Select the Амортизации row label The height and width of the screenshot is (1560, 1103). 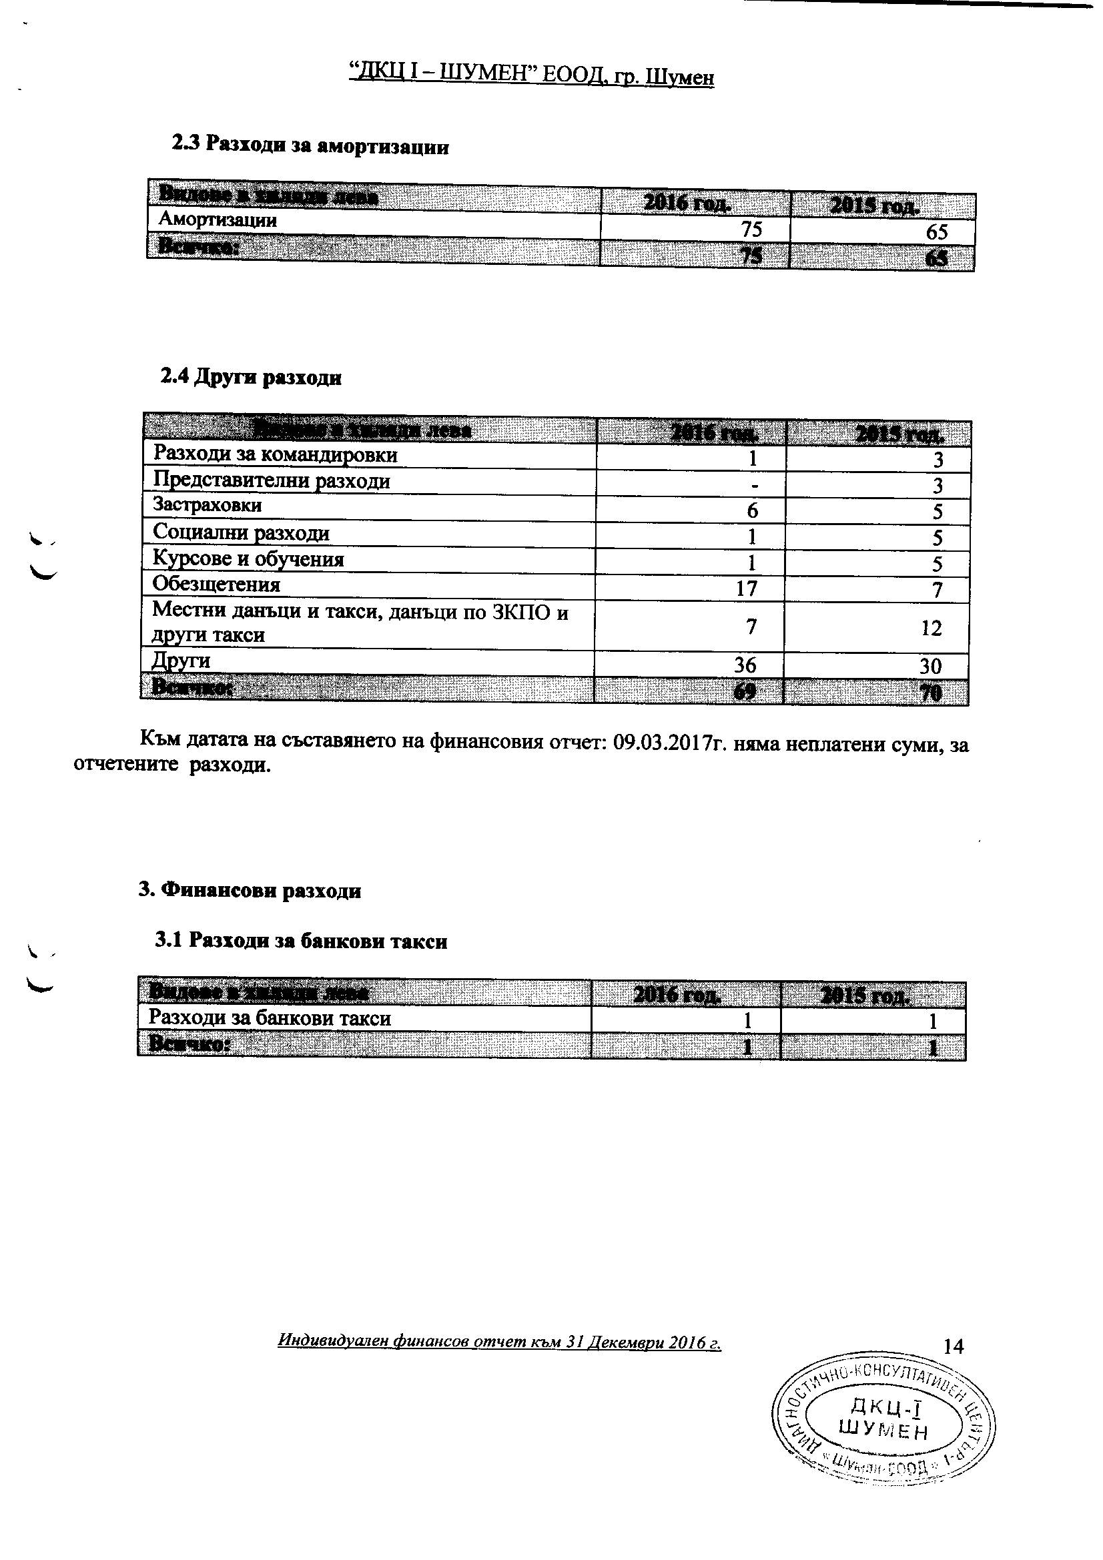pyautogui.click(x=218, y=220)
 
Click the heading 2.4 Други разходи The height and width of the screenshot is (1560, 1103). pyautogui.click(x=251, y=377)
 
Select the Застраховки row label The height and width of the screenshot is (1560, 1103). pyautogui.click(x=208, y=505)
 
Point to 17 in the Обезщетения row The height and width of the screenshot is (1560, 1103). pyautogui.click(x=747, y=588)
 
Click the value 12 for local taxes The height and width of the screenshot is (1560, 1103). pyautogui.click(x=931, y=628)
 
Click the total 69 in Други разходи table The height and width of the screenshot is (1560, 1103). pyautogui.click(x=745, y=692)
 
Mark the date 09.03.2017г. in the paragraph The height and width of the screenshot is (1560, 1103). pyautogui.click(x=673, y=743)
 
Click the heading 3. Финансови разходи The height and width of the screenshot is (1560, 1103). pyautogui.click(x=250, y=890)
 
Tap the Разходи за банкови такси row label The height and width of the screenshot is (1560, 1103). pyautogui.click(x=270, y=1018)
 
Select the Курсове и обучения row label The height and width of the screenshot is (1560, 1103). pyautogui.click(x=248, y=559)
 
